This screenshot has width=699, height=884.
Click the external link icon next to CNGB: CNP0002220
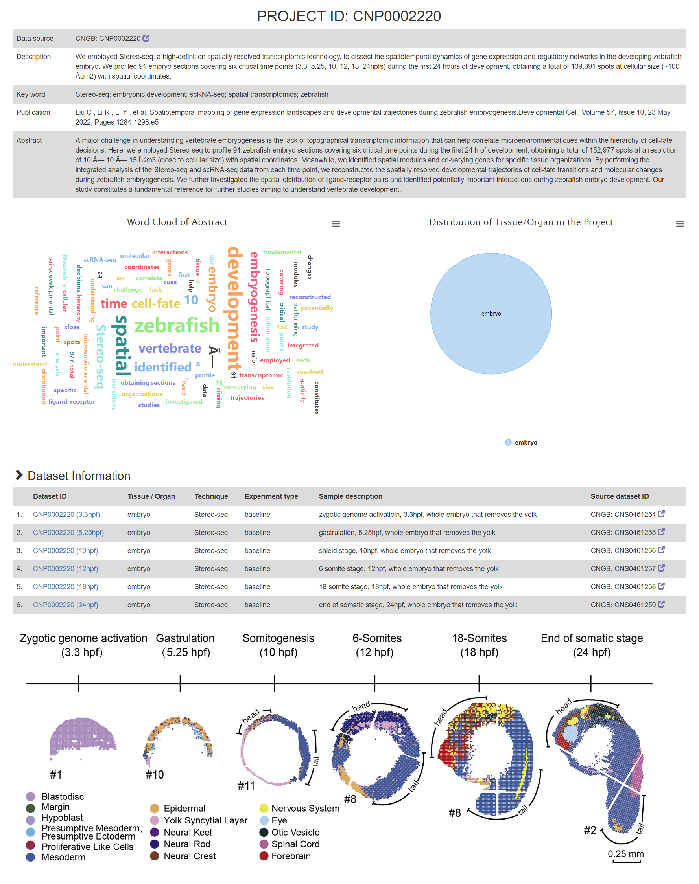pyautogui.click(x=146, y=38)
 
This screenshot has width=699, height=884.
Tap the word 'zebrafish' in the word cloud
pyautogui.click(x=177, y=325)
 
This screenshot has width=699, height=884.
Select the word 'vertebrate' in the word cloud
pyautogui.click(x=170, y=348)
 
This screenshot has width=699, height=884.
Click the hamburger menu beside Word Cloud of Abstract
pyautogui.click(x=336, y=224)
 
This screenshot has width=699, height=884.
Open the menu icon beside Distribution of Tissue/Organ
pyautogui.click(x=680, y=224)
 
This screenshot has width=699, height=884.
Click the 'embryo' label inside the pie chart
pyautogui.click(x=491, y=314)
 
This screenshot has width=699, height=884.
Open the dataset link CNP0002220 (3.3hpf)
pyautogui.click(x=66, y=515)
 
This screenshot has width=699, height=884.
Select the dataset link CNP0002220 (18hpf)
pyautogui.click(x=65, y=587)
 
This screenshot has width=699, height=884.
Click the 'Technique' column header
pyautogui.click(x=211, y=496)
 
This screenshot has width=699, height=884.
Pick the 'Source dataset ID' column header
pyautogui.click(x=620, y=496)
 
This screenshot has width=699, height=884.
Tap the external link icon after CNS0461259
pyautogui.click(x=661, y=604)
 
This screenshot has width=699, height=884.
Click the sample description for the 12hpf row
pyautogui.click(x=408, y=569)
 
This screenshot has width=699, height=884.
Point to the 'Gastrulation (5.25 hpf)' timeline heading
pyautogui.click(x=185, y=645)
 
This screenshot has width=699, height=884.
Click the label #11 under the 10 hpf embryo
pyautogui.click(x=246, y=785)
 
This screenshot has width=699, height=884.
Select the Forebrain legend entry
pyautogui.click(x=291, y=856)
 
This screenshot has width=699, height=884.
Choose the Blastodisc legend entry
pyautogui.click(x=63, y=796)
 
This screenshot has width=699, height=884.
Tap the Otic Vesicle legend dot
pyautogui.click(x=264, y=832)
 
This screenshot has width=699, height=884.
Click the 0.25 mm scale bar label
pyautogui.click(x=625, y=854)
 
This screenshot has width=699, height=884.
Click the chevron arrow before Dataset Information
pyautogui.click(x=19, y=475)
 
